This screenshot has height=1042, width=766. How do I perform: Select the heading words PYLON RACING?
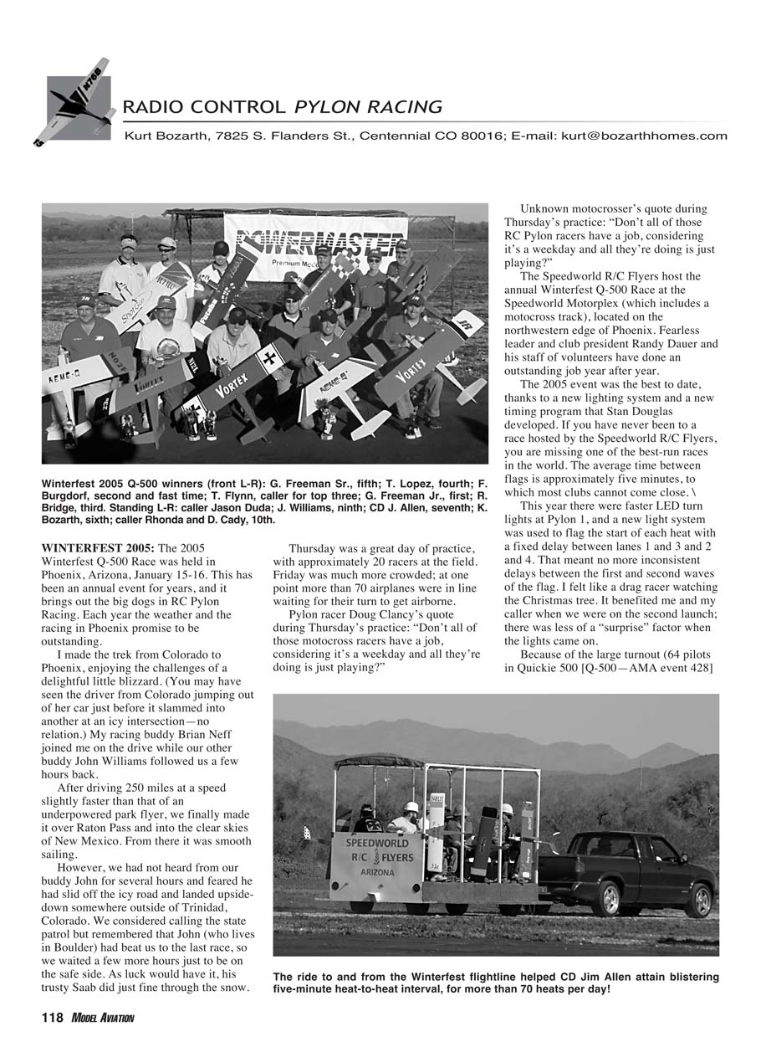[368, 107]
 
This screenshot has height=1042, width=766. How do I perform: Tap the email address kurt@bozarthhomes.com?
[644, 136]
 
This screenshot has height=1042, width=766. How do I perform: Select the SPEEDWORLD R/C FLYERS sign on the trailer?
[378, 856]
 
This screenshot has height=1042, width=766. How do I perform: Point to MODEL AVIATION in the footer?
[102, 1018]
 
